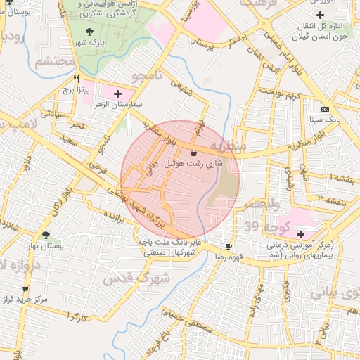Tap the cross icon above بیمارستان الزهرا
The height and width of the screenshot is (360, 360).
(117, 93)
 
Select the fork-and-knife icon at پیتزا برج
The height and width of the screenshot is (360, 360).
(75, 79)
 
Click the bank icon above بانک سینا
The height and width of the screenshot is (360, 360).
(324, 109)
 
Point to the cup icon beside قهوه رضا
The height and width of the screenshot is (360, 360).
(229, 246)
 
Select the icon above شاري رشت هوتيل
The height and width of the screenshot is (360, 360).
(193, 152)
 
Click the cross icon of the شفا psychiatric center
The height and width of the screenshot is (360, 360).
(301, 233)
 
